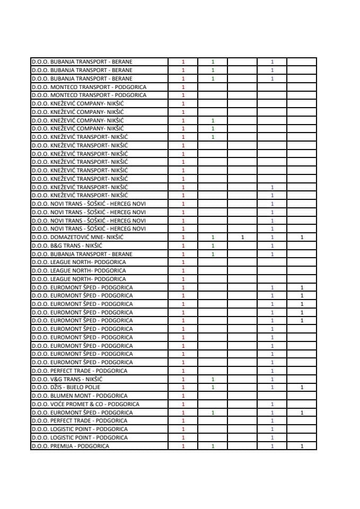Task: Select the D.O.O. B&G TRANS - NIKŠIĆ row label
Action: click(66, 245)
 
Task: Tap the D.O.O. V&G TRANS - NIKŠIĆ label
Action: click(67, 379)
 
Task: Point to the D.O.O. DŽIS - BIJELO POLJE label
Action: click(66, 388)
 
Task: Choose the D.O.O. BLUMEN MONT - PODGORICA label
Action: click(79, 396)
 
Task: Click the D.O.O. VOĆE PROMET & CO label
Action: click(85, 404)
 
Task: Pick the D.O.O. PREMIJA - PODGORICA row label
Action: click(70, 446)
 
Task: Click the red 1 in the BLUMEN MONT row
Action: click(183, 396)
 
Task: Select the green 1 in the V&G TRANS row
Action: click(213, 379)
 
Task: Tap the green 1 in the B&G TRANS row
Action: click(213, 245)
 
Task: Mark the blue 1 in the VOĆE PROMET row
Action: click(272, 404)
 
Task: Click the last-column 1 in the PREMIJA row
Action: click(302, 446)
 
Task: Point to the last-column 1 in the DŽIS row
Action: click(302, 388)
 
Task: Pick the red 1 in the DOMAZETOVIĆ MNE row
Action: click(183, 237)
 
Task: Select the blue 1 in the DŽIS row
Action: click(272, 388)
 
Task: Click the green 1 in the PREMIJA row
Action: click(213, 446)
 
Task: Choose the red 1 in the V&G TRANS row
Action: click(183, 379)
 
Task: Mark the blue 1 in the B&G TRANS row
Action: click(272, 245)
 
